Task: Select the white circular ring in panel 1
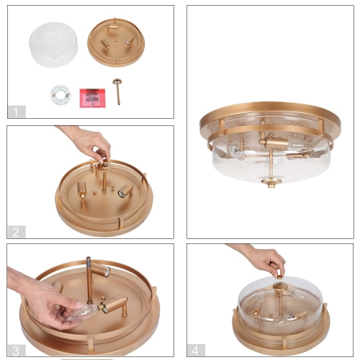tap(59, 94)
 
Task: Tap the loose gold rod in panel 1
tap(117, 92)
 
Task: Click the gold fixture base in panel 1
tap(115, 45)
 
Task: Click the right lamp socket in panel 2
tap(125, 190)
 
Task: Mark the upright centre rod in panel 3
tap(89, 281)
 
